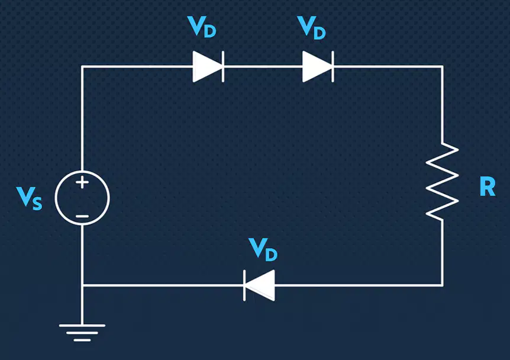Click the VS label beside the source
pyautogui.click(x=29, y=198)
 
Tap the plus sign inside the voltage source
pyautogui.click(x=82, y=182)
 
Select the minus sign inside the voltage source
pyautogui.click(x=82, y=216)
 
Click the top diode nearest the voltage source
pyautogui.click(x=208, y=67)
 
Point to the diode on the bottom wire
pyautogui.click(x=259, y=285)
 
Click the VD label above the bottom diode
pyautogui.click(x=263, y=249)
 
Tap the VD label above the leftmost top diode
pyautogui.click(x=202, y=27)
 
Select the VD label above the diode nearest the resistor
pyautogui.click(x=311, y=28)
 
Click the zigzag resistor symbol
pyautogui.click(x=443, y=181)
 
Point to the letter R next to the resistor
pyautogui.click(x=488, y=187)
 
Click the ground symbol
pyautogui.click(x=82, y=333)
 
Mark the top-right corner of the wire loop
pyautogui.click(x=443, y=67)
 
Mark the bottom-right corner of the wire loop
pyautogui.click(x=443, y=285)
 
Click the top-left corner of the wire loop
pyautogui.click(x=82, y=67)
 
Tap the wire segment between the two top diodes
pyautogui.click(x=263, y=67)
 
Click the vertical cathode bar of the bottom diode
pyautogui.click(x=244, y=285)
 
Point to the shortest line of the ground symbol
pyautogui.click(x=82, y=340)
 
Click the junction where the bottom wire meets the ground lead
pyautogui.click(x=82, y=285)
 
